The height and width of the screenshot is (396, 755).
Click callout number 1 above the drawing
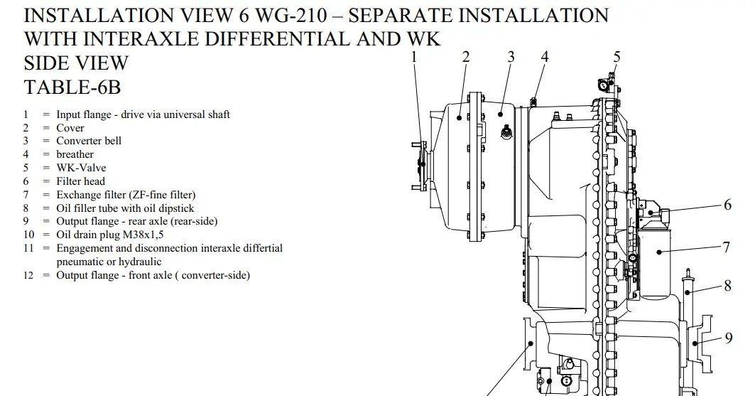point(415,57)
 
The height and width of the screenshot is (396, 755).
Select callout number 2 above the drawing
point(466,57)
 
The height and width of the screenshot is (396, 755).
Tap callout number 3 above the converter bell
point(511,57)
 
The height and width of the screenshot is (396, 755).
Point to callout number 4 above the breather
point(545,57)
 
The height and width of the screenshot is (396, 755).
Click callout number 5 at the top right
point(617,57)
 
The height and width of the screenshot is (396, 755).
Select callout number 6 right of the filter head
point(728,205)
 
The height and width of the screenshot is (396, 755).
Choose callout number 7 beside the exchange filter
point(727,247)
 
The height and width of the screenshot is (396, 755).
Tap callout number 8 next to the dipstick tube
point(728,286)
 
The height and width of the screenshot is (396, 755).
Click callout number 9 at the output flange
point(729,338)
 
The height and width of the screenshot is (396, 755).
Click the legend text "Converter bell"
point(89,141)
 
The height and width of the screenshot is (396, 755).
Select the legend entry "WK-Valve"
point(81,168)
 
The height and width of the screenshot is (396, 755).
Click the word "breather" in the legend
point(75,154)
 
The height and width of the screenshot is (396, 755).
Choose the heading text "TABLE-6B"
point(73,87)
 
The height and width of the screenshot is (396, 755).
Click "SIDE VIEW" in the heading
point(76,63)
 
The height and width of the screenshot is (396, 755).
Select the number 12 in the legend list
point(28,275)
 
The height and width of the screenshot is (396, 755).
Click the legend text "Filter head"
point(80,181)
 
